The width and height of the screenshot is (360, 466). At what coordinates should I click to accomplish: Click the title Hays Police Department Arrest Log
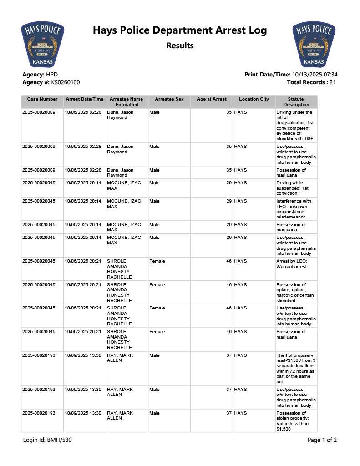(180, 30)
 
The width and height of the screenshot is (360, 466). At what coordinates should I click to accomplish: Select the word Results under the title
(180, 46)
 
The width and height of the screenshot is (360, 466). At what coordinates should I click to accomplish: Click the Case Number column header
(42, 99)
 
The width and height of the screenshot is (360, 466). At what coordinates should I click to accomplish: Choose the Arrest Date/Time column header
(85, 99)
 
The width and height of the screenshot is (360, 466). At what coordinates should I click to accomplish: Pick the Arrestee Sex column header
(169, 99)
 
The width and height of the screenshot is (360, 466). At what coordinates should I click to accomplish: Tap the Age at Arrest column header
(212, 99)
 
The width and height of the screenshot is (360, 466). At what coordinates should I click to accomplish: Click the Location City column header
(254, 99)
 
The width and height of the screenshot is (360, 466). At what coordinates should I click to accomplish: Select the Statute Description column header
(296, 101)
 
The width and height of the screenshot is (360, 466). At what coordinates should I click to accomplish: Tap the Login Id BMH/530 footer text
(47, 440)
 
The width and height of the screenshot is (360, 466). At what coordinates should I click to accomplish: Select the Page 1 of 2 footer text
(322, 440)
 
